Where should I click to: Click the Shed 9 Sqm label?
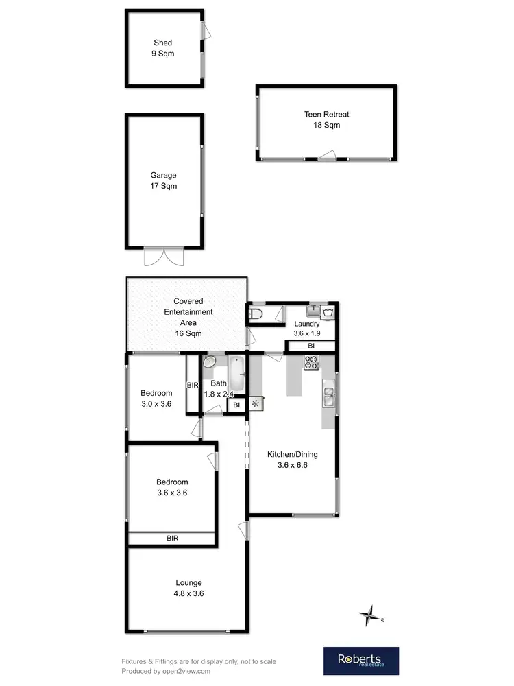click(x=163, y=48)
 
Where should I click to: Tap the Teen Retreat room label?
click(x=322, y=120)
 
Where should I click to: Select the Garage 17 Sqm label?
click(x=164, y=180)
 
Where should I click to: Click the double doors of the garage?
click(x=164, y=257)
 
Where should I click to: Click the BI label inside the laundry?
click(x=310, y=346)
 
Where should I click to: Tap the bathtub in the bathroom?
click(x=235, y=372)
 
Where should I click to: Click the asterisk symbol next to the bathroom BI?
click(x=256, y=403)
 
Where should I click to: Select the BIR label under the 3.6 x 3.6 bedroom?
click(x=172, y=539)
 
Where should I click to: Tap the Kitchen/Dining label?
click(x=292, y=460)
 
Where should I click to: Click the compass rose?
click(x=370, y=615)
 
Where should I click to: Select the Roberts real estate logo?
click(x=360, y=661)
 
